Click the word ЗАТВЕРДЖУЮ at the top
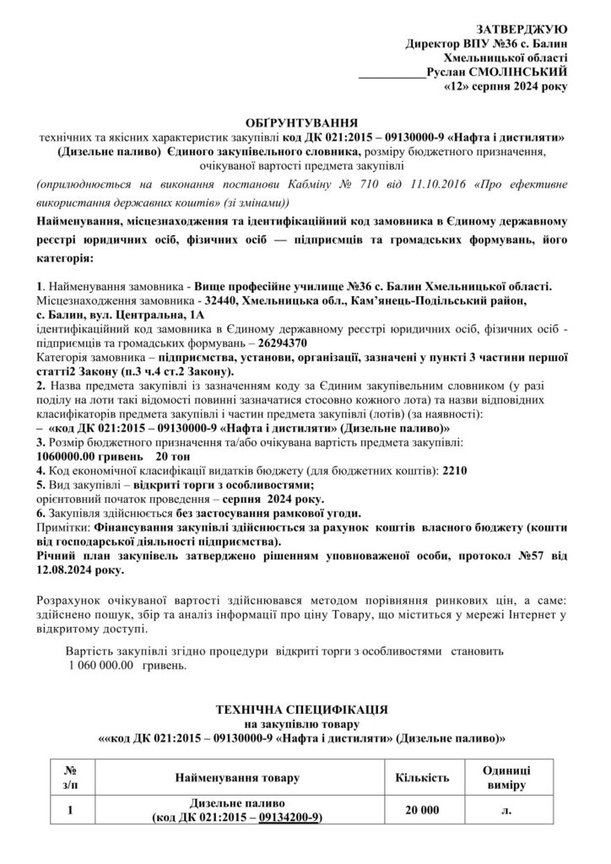[x=525, y=28]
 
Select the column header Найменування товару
[x=236, y=777]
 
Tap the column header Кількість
[x=422, y=777]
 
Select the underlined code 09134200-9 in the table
[x=290, y=818]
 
